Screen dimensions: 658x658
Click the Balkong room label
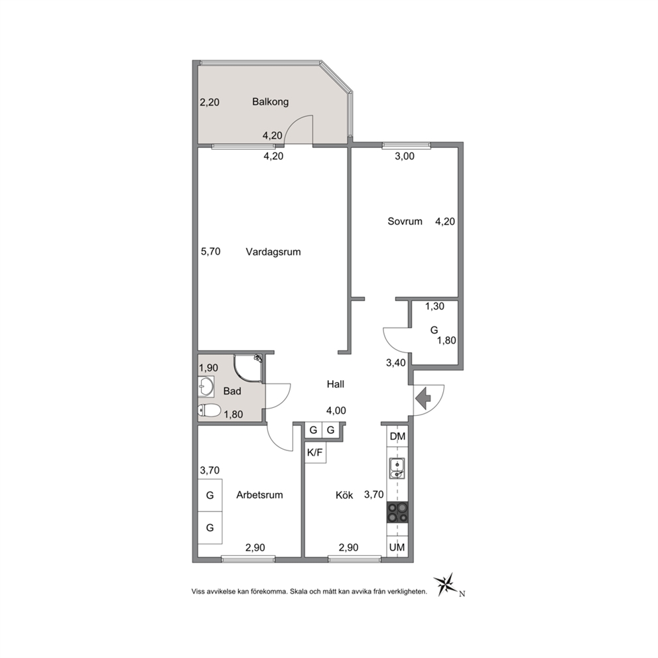click(x=270, y=102)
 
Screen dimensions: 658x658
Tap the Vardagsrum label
click(x=273, y=252)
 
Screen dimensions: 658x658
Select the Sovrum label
click(x=405, y=221)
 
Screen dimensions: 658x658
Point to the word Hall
click(x=335, y=384)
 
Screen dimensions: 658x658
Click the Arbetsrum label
click(x=259, y=495)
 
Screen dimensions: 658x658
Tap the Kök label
click(x=344, y=495)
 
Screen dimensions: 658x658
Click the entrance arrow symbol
click(x=423, y=398)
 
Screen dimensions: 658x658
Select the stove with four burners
click(x=397, y=512)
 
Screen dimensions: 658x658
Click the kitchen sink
click(x=397, y=468)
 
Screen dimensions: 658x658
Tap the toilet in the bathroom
click(x=210, y=411)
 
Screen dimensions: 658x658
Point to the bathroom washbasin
click(x=206, y=386)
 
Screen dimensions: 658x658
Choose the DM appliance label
click(x=397, y=436)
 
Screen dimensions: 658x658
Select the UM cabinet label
click(x=397, y=547)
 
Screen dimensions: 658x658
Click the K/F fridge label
click(x=315, y=452)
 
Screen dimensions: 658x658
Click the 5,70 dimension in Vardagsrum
click(x=211, y=251)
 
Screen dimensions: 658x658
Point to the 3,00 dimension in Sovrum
click(x=405, y=156)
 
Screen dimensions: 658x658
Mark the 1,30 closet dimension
click(x=434, y=306)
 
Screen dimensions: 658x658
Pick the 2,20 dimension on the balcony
click(x=210, y=102)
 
